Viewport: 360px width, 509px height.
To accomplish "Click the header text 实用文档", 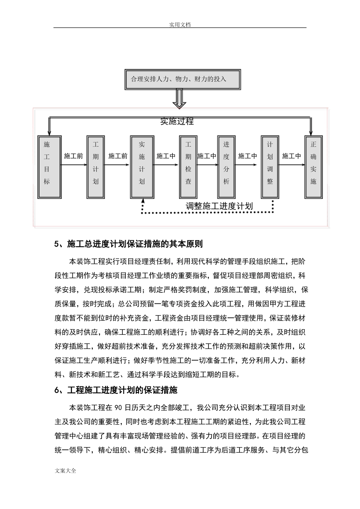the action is (180, 25).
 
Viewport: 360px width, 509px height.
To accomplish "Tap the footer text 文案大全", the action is (66, 471).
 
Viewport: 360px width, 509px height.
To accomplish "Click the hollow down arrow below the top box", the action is (179, 100).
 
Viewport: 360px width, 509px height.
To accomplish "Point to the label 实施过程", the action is (177, 121).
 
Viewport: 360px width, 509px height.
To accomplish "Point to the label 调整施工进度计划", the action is (219, 206).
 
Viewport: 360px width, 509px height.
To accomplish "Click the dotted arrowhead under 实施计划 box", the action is (142, 201).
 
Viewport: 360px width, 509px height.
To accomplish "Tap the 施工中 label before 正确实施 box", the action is (291, 156).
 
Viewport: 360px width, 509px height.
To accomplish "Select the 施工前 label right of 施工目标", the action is (73, 156).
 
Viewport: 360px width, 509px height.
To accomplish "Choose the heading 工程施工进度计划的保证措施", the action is (122, 390).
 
